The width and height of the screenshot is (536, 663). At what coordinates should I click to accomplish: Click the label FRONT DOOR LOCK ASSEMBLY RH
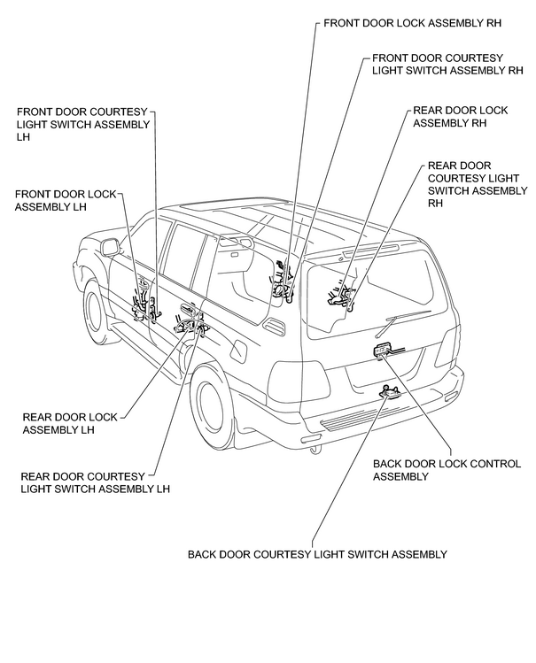[x=412, y=22]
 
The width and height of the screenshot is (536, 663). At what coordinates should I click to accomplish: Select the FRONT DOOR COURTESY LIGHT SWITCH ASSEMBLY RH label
[x=447, y=64]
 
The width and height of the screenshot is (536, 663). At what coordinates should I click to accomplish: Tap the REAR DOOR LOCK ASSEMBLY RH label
[x=461, y=117]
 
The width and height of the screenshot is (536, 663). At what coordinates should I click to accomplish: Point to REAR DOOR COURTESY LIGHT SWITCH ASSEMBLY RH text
[x=478, y=184]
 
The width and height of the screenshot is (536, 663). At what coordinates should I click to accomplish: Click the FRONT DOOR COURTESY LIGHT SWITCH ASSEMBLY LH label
[x=83, y=124]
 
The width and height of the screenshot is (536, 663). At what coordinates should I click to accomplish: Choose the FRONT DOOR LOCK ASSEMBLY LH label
[x=66, y=200]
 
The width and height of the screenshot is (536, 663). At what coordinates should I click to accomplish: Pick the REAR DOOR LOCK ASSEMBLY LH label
[x=70, y=423]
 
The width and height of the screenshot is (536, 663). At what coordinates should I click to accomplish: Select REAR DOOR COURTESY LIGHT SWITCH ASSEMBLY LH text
[x=95, y=482]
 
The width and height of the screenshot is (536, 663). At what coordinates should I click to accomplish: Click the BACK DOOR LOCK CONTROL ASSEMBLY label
[x=447, y=470]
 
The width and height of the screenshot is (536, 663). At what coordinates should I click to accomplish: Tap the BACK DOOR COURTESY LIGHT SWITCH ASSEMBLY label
[x=317, y=554]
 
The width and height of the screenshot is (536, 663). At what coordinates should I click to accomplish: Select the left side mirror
[x=111, y=247]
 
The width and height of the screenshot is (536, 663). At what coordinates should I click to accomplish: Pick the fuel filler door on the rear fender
[x=237, y=351]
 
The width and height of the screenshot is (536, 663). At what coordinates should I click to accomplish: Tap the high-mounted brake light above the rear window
[x=371, y=251]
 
